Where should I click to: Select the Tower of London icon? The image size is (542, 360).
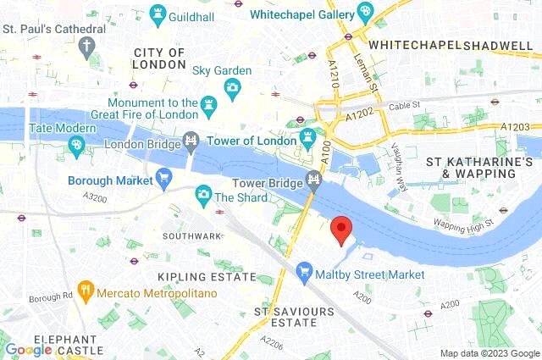click(309, 136)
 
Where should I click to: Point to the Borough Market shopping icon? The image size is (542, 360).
click(164, 177)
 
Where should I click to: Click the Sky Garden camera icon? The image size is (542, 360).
click(232, 87)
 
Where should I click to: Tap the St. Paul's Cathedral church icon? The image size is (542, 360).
click(86, 47)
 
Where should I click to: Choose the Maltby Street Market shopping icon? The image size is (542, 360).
click(305, 273)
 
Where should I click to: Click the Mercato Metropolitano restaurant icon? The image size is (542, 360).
click(85, 292)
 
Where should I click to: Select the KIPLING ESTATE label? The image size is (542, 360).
click(207, 277)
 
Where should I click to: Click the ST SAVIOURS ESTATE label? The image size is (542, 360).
click(295, 318)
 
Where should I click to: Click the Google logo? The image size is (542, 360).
click(29, 350)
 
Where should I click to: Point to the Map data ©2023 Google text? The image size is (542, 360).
click(489, 353)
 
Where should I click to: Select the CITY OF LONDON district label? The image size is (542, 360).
click(159, 58)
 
